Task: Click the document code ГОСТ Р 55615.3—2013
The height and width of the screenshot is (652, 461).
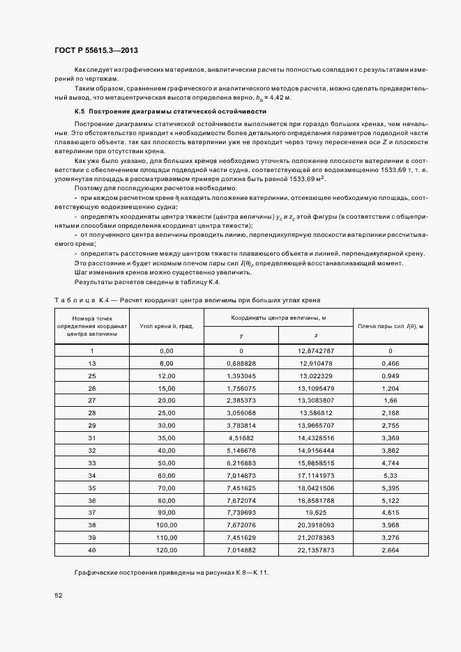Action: pos(101,50)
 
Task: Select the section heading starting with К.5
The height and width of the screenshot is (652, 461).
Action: pos(170,111)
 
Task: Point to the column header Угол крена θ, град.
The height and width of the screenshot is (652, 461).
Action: pos(166,326)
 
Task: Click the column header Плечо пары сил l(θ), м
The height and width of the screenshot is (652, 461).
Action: pos(391,326)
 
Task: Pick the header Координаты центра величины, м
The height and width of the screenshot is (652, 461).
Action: pos(279,318)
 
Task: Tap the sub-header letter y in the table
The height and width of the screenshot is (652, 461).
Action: pos(241,336)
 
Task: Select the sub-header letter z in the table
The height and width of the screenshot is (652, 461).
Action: pos(317,336)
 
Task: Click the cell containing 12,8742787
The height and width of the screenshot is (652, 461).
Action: pos(316,350)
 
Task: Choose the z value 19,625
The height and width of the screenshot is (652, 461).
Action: pos(316,512)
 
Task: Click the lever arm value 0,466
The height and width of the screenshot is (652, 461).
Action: pos(391,364)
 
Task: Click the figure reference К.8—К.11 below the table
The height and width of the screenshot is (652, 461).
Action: pos(249,573)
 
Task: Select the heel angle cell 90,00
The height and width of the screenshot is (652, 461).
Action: pos(166,512)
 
